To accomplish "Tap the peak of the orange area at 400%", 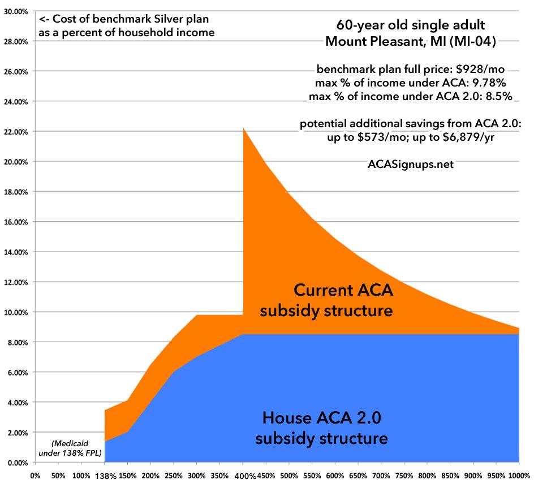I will pyautogui.click(x=243, y=128).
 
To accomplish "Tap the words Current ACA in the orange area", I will pyautogui.click(x=343, y=291).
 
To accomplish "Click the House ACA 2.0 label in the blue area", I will pyautogui.click(x=321, y=418).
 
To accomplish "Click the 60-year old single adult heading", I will pyautogui.click(x=410, y=25).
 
